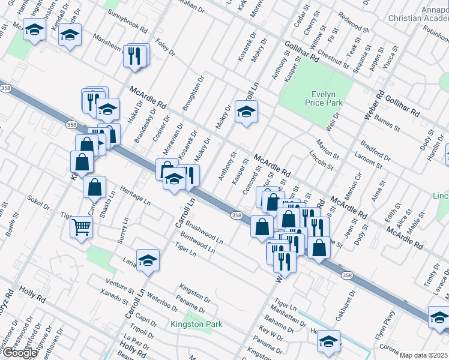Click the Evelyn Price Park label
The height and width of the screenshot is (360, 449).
pos(327,98)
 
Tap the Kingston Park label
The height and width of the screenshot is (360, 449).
pos(196,325)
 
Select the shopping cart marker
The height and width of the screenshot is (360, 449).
pos(81,227)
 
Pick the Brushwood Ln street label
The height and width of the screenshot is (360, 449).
pos(204,232)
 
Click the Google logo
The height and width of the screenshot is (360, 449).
pos(20,353)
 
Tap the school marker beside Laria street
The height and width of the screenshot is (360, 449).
pos(148,260)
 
